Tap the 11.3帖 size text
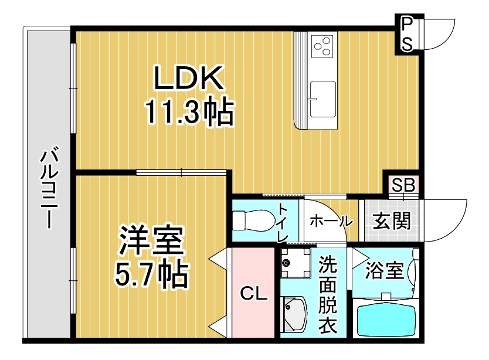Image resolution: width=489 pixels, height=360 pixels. click(x=189, y=113)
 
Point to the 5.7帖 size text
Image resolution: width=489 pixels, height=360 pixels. click(x=151, y=272)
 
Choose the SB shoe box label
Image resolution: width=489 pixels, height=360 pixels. click(x=403, y=185)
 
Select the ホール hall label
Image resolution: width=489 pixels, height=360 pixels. click(x=331, y=222)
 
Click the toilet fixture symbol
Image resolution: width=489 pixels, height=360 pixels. click(x=252, y=220)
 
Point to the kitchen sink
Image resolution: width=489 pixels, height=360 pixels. click(x=322, y=97)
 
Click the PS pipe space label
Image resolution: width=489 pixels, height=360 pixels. click(x=407, y=33)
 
